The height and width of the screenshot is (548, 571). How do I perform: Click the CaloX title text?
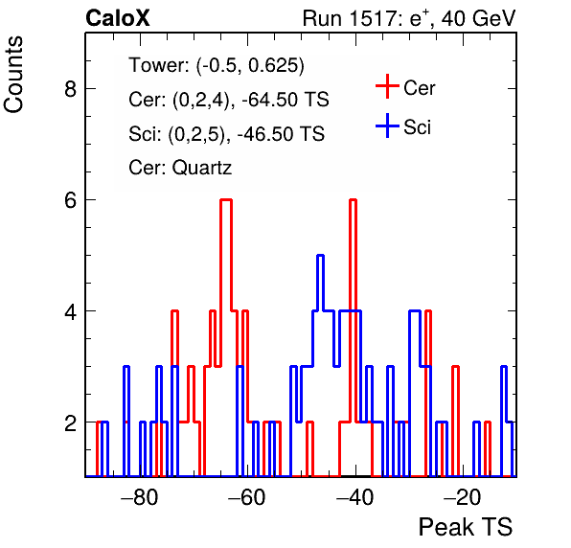tap(118, 18)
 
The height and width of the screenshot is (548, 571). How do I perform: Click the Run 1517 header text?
tap(409, 18)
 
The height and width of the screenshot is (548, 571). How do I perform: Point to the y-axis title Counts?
tap(13, 75)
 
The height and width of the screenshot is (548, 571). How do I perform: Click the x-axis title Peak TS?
tap(466, 527)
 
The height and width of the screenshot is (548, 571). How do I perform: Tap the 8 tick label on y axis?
tap(70, 88)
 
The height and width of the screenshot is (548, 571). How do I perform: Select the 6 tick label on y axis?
tap(70, 199)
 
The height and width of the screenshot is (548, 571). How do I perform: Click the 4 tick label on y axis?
tap(70, 311)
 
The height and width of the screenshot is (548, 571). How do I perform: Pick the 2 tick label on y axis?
tap(70, 422)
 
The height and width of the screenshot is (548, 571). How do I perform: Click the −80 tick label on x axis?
tap(140, 496)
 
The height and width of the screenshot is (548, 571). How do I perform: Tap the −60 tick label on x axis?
tap(247, 496)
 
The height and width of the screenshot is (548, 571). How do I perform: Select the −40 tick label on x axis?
tap(355, 496)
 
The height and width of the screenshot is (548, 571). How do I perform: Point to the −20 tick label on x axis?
tap(463, 496)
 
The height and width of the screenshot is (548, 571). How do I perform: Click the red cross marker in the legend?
tap(387, 86)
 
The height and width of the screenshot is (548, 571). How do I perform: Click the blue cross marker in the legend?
tap(387, 126)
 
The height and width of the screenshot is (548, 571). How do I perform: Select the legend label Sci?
tap(418, 127)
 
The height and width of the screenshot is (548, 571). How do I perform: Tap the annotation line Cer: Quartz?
tap(180, 168)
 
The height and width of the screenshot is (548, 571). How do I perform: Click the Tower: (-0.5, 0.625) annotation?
tap(217, 65)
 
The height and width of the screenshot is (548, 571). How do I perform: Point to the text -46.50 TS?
tap(281, 133)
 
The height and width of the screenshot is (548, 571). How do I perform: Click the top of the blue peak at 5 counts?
tap(320, 256)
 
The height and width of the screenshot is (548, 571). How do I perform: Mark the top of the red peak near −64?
tap(226, 200)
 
